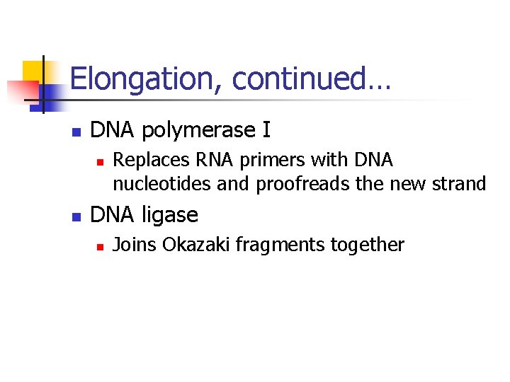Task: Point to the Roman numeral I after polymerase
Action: pyautogui.click(x=266, y=130)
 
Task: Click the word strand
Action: pyautogui.click(x=460, y=185)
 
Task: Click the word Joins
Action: pyautogui.click(x=135, y=245)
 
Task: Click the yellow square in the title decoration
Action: pyautogui.click(x=33, y=71)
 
